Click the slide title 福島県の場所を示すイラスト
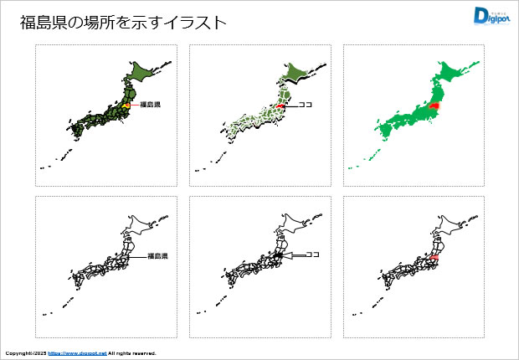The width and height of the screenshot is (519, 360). [123, 23]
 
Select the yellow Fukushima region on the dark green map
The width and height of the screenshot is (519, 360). [124, 106]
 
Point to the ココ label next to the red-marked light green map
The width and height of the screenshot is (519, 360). [305, 106]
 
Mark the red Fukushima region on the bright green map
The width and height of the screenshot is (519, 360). [433, 105]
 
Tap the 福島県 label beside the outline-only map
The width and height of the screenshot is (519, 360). [158, 256]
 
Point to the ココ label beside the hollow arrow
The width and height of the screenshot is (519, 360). [314, 255]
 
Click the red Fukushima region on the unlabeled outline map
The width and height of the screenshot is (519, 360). [434, 260]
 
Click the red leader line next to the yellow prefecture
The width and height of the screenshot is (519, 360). [133, 105]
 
